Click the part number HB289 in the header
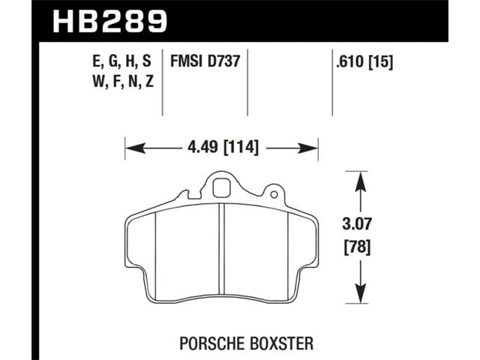[110, 21]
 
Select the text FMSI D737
[205, 61]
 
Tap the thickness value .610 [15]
[364, 62]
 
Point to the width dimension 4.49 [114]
[223, 148]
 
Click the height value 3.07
[357, 224]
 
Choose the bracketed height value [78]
[357, 247]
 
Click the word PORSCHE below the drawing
[212, 343]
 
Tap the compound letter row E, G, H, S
[121, 61]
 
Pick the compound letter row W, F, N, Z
[123, 82]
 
